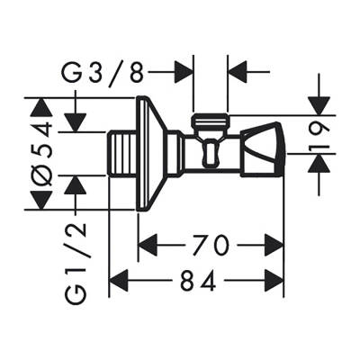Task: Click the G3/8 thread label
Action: (104, 69)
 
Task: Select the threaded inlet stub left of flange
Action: (121, 154)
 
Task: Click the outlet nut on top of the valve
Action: (211, 120)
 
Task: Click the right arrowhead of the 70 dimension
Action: (274, 244)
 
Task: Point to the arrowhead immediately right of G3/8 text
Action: (184, 69)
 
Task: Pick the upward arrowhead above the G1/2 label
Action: (76, 185)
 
